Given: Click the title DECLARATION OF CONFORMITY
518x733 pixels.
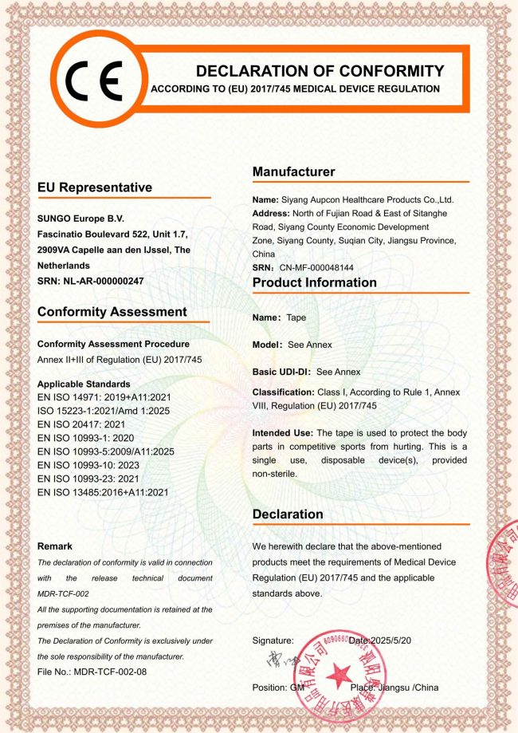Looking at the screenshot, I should [x=320, y=70].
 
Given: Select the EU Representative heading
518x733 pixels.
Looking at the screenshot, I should [x=94, y=187].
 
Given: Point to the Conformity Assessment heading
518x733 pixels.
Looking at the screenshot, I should [x=112, y=312].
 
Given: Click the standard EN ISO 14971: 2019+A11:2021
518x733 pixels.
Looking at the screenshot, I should [x=104, y=396].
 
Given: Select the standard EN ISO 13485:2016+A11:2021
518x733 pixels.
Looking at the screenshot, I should [x=103, y=492].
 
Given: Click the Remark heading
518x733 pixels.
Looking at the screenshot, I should [x=55, y=546].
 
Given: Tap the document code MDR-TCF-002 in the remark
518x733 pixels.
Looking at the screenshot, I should [x=63, y=593].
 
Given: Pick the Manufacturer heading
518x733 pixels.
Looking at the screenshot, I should [x=293, y=171].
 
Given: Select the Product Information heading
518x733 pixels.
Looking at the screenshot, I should [x=314, y=282].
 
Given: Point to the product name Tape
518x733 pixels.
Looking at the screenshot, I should [x=296, y=317].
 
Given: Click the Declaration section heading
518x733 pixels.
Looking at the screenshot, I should [x=288, y=514].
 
